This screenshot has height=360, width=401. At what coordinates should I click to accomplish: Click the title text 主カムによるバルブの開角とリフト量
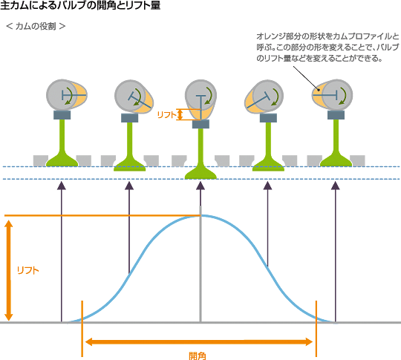(x=80, y=5)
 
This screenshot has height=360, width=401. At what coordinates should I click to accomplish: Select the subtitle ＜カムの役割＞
(x=36, y=26)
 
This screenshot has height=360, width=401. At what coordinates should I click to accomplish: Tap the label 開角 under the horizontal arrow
(x=198, y=356)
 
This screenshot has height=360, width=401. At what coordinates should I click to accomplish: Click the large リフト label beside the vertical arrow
(x=28, y=270)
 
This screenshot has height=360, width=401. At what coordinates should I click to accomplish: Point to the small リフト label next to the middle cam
(x=167, y=115)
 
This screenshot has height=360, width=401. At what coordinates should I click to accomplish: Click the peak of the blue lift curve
(x=200, y=216)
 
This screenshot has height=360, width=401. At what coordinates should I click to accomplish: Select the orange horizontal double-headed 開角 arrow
(x=199, y=342)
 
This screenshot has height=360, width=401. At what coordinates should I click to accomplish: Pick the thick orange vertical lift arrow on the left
(x=9, y=270)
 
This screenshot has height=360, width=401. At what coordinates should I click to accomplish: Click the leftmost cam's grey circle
(x=62, y=95)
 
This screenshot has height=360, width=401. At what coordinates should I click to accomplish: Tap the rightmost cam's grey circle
(x=336, y=95)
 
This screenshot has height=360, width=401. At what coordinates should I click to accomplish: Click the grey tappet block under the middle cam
(x=200, y=124)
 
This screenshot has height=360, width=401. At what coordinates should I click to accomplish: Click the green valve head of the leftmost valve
(x=62, y=161)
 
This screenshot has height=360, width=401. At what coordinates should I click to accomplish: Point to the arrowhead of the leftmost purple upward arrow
(x=62, y=186)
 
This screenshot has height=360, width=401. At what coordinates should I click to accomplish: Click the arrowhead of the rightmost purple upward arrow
(x=335, y=186)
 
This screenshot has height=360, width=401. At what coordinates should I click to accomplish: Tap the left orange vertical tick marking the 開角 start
(x=82, y=329)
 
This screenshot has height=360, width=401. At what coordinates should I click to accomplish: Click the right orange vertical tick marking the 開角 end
(x=316, y=329)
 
